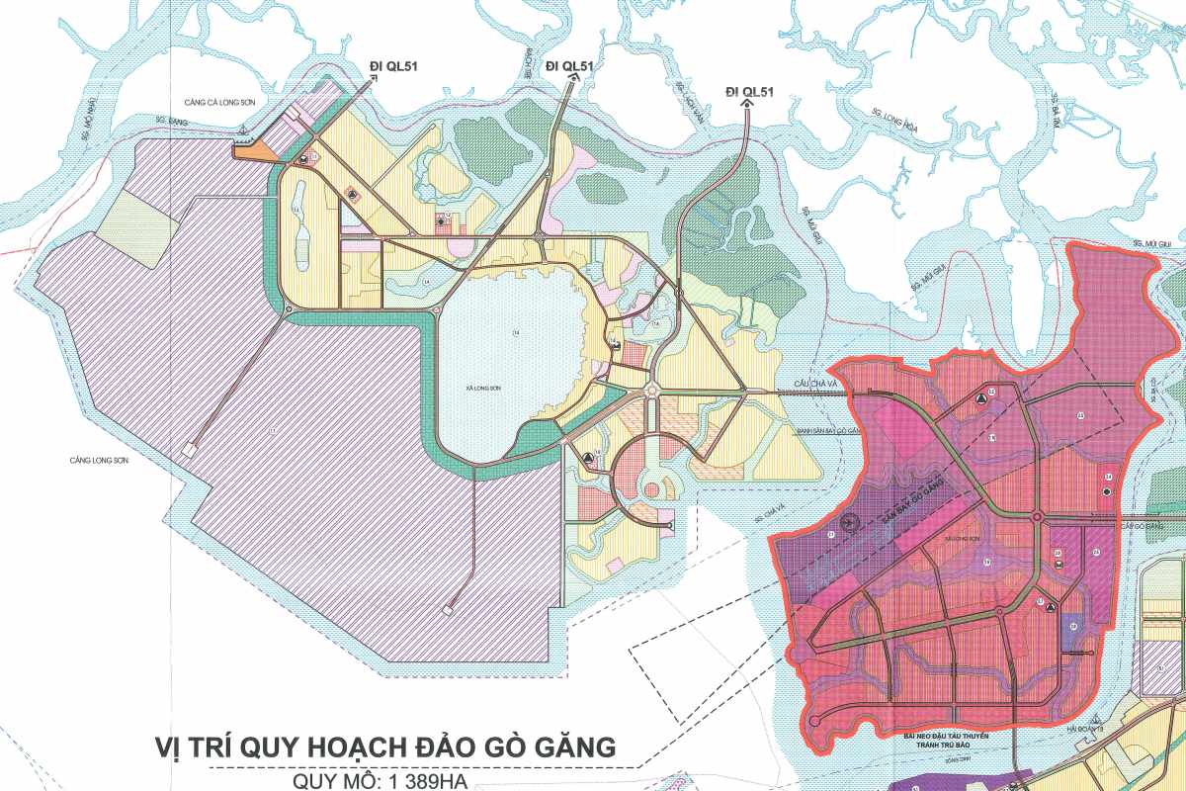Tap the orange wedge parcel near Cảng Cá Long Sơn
click(255, 150)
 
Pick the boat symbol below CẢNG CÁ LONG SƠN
click(244, 129)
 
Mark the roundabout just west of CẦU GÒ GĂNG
click(1038, 518)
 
